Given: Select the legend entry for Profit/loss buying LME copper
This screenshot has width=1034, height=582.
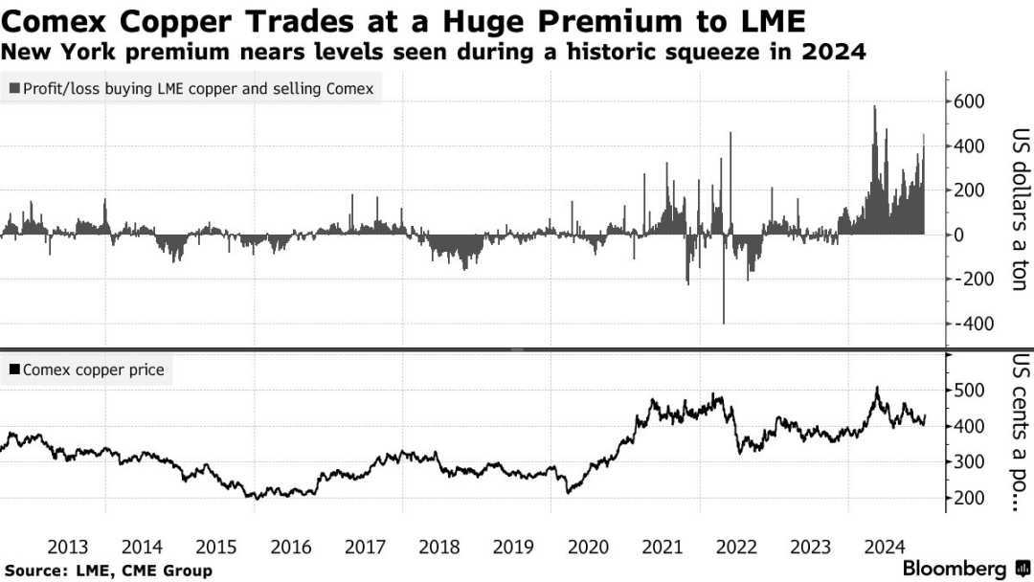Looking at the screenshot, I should coord(191,89).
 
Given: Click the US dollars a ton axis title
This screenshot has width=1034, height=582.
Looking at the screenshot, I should coord(1017,211).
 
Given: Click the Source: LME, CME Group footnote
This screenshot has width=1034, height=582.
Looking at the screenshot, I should coord(107,571).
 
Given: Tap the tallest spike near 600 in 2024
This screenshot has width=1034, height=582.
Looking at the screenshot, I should coord(874,108).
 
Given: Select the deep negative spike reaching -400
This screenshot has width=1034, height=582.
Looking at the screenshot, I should coord(724,321).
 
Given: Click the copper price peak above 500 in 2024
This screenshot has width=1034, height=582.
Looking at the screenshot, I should coord(876,388).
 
